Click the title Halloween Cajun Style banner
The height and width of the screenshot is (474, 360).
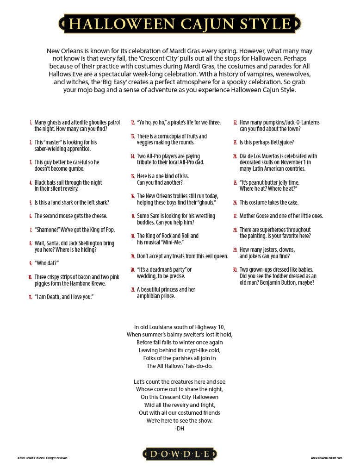[180, 24]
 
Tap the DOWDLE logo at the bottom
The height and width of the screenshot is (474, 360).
[180, 454]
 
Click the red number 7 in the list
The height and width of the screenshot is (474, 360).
[31, 230]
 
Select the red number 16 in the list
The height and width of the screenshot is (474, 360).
[132, 196]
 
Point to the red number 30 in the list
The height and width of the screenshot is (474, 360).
[235, 269]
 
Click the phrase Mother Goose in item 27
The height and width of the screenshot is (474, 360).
[254, 216]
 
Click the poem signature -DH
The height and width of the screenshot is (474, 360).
[180, 429]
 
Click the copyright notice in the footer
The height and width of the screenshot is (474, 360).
[43, 458]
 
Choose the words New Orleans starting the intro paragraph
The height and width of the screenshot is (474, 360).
[63, 51]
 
